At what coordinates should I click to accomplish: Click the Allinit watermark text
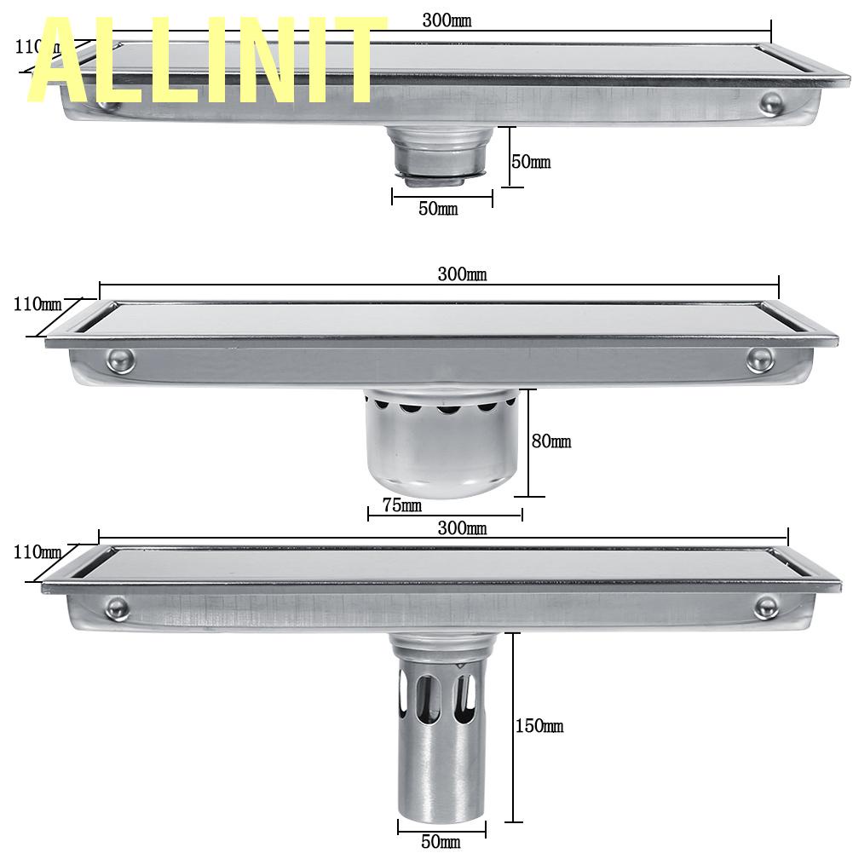pyautogui.click(x=205, y=61)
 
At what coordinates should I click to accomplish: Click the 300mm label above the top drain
pyautogui.click(x=447, y=20)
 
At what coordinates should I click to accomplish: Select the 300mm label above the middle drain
pyautogui.click(x=462, y=274)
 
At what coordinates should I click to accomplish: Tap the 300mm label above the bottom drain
pyautogui.click(x=462, y=528)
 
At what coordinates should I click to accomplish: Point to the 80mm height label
pyautogui.click(x=551, y=441)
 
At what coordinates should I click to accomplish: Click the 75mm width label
pyautogui.click(x=401, y=504)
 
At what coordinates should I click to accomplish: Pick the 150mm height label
pyautogui.click(x=539, y=726)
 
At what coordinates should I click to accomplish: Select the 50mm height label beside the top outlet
pyautogui.click(x=531, y=161)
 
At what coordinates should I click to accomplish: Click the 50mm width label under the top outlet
pyautogui.click(x=437, y=209)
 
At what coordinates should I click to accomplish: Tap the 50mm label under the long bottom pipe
pyautogui.click(x=440, y=842)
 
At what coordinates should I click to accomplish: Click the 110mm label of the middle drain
pyautogui.click(x=37, y=303)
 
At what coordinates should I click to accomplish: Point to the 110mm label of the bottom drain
pyautogui.click(x=37, y=552)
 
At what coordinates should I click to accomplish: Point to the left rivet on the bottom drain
pyautogui.click(x=117, y=608)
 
